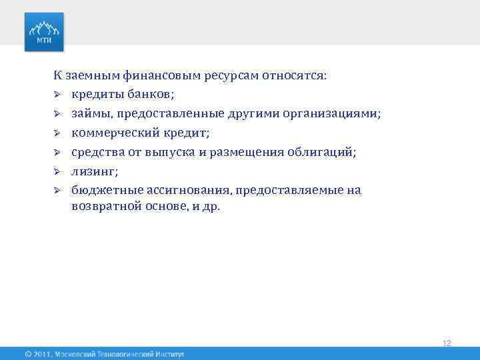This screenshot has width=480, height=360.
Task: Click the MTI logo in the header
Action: pyautogui.click(x=45, y=31)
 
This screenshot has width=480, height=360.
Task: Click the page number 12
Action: pyautogui.click(x=447, y=343)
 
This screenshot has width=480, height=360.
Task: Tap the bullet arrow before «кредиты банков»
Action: pyautogui.click(x=58, y=95)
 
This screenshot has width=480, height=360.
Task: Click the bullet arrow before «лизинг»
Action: pyautogui.click(x=58, y=171)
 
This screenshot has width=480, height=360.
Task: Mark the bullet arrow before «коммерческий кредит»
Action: pyautogui.click(x=58, y=133)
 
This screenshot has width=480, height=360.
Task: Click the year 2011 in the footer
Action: pyautogui.click(x=42, y=353)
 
